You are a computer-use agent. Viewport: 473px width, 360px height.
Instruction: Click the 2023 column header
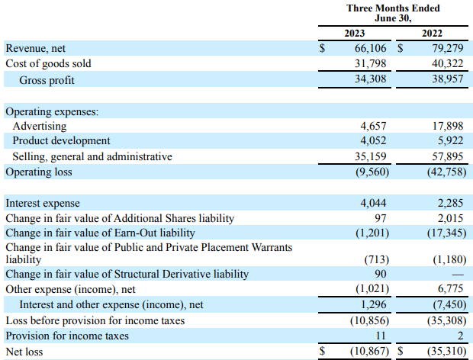coord(355,33)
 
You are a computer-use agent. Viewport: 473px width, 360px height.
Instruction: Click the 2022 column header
coord(432,33)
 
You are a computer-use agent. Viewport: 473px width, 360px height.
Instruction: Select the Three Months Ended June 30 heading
coord(393,13)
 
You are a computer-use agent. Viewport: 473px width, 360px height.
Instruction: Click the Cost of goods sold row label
coord(49,63)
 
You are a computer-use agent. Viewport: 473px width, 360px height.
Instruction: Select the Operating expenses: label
coord(52,111)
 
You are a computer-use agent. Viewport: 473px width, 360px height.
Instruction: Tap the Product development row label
coord(62,141)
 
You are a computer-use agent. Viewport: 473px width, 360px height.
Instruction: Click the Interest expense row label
coord(43,204)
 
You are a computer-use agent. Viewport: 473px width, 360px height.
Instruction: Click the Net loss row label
coord(24,352)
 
